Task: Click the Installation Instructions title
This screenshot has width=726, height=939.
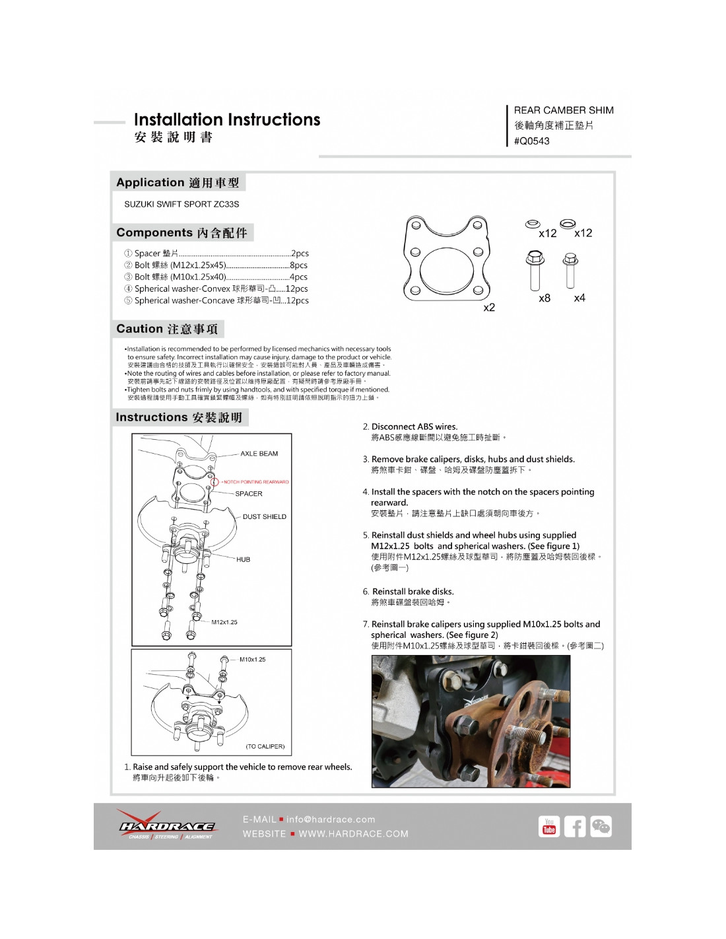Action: (x=226, y=120)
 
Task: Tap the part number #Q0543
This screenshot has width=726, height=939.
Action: (x=531, y=141)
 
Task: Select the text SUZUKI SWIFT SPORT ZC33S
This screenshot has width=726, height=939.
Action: (x=181, y=204)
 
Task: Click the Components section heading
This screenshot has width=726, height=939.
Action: (x=181, y=232)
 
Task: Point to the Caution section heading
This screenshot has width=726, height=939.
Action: (x=167, y=329)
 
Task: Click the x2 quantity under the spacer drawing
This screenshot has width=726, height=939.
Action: (x=489, y=308)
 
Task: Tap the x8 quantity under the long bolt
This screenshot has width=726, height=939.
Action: (x=544, y=298)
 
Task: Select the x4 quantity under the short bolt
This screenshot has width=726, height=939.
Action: (x=579, y=298)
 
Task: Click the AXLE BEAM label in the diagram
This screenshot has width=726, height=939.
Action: (x=259, y=454)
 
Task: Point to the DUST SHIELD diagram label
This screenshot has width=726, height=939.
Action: (x=264, y=516)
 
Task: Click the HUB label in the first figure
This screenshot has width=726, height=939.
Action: (x=243, y=559)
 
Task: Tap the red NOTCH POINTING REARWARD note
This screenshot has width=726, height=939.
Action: (x=255, y=482)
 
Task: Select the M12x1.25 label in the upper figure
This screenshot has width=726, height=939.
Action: (x=224, y=622)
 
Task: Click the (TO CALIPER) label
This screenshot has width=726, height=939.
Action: (x=265, y=746)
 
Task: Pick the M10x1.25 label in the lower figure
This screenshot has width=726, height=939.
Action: (x=252, y=659)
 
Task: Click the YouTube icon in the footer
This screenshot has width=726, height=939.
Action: (x=549, y=827)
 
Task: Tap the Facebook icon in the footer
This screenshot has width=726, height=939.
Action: (x=575, y=827)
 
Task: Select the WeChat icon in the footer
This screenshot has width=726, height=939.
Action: (x=601, y=827)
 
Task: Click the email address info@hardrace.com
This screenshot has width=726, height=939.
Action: (x=331, y=819)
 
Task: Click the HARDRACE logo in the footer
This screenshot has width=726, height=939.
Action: (x=166, y=825)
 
